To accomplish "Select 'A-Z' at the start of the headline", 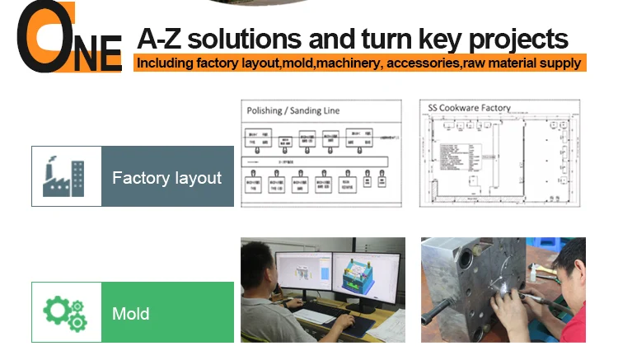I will [x=159, y=39].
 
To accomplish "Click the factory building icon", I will [x=65, y=176].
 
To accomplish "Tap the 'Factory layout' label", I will [x=166, y=177].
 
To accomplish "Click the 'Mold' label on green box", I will [x=130, y=313].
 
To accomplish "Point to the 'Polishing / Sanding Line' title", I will [x=292, y=110].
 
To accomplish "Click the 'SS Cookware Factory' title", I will [x=469, y=107].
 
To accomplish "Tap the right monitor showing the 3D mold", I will [x=368, y=276].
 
